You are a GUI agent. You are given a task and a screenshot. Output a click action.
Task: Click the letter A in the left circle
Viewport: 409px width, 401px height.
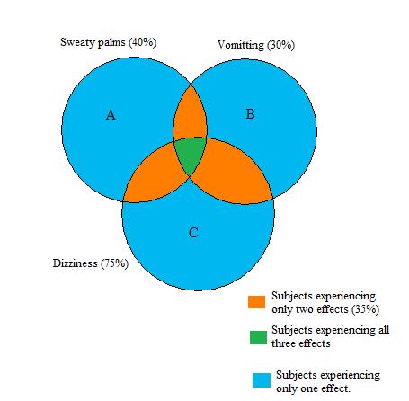111,114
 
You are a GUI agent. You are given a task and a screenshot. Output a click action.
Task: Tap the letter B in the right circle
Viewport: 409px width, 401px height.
251,113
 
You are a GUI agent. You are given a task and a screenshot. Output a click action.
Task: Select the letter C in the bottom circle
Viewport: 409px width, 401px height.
193,233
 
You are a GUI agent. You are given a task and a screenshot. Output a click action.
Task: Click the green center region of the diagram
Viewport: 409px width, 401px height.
190,155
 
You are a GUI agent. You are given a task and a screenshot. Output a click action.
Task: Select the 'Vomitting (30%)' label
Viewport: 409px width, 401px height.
256,44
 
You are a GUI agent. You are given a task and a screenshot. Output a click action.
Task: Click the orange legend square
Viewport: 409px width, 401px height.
257,302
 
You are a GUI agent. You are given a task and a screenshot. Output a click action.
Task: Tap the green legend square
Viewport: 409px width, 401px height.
257,337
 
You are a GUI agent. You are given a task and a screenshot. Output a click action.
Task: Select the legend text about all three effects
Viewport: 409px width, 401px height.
330,335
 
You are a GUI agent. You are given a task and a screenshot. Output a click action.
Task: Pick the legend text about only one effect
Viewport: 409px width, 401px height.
328,380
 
